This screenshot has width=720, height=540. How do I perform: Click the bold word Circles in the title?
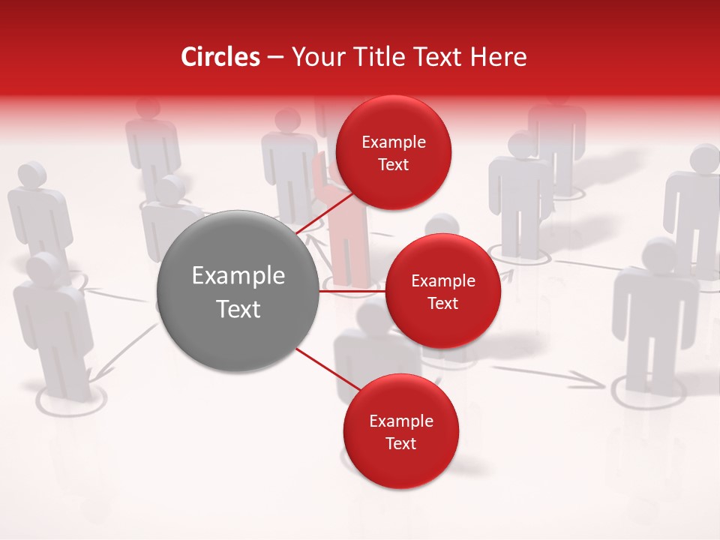click(x=220, y=57)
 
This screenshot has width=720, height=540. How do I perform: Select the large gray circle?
click(x=238, y=291)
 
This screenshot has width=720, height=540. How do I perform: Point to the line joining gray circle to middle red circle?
click(x=352, y=291)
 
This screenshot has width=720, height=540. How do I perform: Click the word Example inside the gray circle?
click(x=238, y=275)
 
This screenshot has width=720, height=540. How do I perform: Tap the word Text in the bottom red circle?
click(x=400, y=443)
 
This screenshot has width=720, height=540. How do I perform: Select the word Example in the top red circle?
click(x=393, y=142)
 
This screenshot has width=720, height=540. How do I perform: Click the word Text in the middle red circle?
click(x=442, y=303)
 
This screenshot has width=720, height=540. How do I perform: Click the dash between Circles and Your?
click(x=275, y=57)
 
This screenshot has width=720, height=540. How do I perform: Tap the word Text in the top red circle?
click(x=393, y=164)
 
